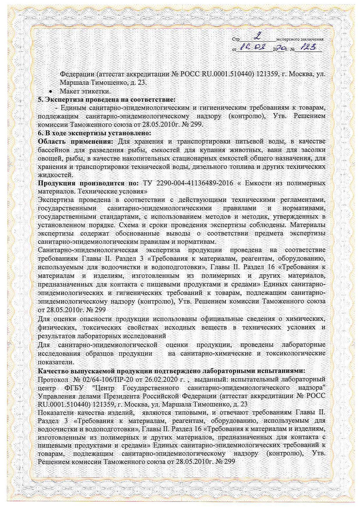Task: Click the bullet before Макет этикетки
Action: [x=51, y=91]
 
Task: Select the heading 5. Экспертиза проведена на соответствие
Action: [x=107, y=100]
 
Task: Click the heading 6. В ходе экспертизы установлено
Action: [x=94, y=133]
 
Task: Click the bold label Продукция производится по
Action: [x=88, y=183]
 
